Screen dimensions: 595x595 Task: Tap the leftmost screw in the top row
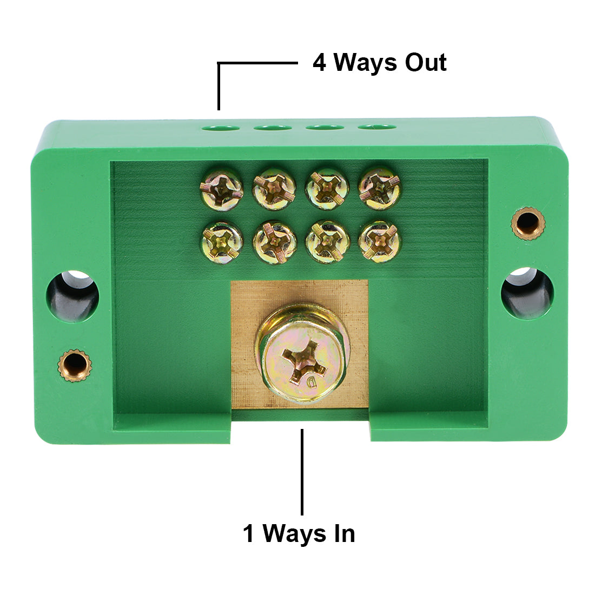point(221,188)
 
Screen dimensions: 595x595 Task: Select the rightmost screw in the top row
point(380,188)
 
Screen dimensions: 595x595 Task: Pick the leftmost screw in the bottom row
point(221,242)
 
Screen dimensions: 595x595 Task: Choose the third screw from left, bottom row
point(327,242)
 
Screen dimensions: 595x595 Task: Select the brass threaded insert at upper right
point(528,222)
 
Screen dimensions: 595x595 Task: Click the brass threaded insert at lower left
point(75,366)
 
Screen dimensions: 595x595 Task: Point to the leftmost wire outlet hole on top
point(221,128)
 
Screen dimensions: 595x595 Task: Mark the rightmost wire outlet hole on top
point(376,128)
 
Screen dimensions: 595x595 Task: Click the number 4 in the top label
point(320,63)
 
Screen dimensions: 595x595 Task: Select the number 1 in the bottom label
point(248,534)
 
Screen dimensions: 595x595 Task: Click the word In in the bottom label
point(341,534)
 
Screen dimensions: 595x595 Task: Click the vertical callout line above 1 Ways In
point(302,471)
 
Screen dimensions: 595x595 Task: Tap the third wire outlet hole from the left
point(325,128)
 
